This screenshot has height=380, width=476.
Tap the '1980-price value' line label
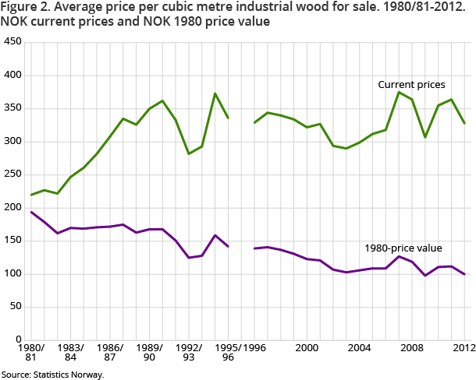coord(403,248)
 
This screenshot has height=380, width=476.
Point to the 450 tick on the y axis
coord(13,41)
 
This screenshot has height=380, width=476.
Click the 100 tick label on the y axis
coord(13,274)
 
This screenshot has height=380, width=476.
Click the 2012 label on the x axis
coord(464,347)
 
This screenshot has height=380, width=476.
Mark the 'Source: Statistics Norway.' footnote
coord(52,375)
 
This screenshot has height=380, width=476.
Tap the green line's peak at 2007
coord(399,93)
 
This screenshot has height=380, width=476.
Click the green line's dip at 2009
coord(425,137)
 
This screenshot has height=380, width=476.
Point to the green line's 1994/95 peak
coord(215,93)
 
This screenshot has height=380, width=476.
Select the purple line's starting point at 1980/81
coord(31,212)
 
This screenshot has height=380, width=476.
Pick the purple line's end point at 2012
coord(464,274)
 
